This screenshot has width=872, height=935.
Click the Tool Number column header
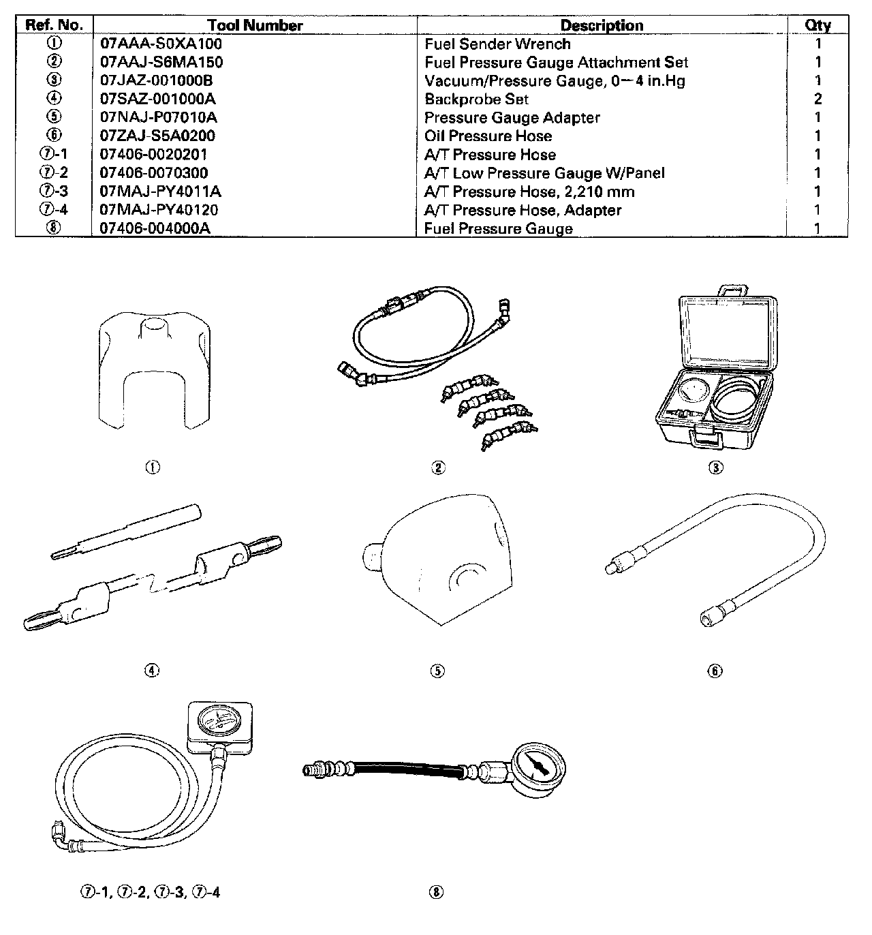tap(255, 26)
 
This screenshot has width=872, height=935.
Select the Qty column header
tap(817, 26)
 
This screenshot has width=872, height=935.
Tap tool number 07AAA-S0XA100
tap(161, 44)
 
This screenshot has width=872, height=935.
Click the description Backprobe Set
tap(476, 99)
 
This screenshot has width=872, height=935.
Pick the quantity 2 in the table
tap(817, 99)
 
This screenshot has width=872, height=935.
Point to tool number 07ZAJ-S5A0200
tap(157, 136)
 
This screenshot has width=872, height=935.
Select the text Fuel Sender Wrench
tap(497, 44)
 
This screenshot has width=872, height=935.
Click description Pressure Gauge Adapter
tap(512, 118)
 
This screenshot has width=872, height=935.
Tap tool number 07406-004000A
tap(155, 229)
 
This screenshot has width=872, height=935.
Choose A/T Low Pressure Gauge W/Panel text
tap(544, 173)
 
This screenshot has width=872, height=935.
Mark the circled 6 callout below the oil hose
tap(715, 671)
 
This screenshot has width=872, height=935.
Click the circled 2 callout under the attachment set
tap(439, 467)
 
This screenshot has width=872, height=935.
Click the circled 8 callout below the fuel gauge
tap(437, 892)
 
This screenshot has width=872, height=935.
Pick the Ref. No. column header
tap(54, 26)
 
